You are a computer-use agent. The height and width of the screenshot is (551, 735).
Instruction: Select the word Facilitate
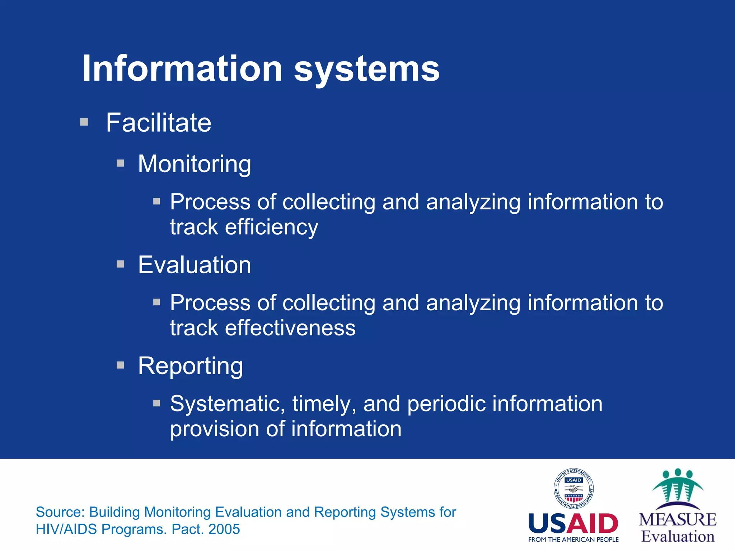tap(158, 123)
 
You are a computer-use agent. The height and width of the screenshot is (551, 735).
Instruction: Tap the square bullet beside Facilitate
tap(84, 122)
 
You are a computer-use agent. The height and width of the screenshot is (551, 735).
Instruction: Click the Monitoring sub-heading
tap(195, 164)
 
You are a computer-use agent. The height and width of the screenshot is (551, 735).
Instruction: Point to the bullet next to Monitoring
tap(121, 164)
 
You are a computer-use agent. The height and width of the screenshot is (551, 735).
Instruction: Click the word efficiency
tap(271, 227)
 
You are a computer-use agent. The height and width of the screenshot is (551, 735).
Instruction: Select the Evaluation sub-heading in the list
tap(195, 265)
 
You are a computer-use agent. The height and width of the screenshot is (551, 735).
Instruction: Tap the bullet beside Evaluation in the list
tap(121, 265)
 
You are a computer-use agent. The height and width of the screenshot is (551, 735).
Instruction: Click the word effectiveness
tap(290, 328)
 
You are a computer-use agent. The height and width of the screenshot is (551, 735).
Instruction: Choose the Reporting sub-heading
tap(191, 366)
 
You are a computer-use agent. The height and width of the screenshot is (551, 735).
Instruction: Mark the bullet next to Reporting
tap(121, 366)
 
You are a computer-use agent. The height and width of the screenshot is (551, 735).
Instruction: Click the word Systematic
tap(225, 404)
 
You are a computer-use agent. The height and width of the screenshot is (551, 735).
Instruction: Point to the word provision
tap(214, 429)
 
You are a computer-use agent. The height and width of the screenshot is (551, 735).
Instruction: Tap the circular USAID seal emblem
tap(574, 489)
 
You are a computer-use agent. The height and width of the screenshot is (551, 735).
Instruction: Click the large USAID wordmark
tap(573, 524)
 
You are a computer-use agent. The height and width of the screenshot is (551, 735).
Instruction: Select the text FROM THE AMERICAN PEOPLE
tap(573, 540)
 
